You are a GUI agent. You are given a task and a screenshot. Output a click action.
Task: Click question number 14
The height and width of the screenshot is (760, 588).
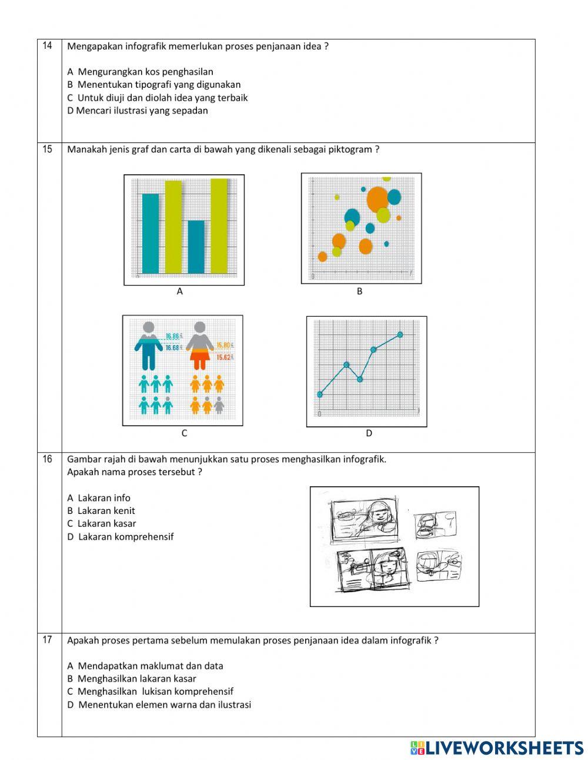point(48,46)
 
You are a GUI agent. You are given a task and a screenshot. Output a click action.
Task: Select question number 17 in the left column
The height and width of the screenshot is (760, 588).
point(48,640)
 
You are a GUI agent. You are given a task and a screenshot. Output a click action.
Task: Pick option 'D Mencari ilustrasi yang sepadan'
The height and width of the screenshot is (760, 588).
point(138,111)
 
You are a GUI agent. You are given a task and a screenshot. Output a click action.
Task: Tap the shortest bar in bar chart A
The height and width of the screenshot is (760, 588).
point(196,247)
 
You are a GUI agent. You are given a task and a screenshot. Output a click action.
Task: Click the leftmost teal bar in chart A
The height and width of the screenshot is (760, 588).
point(151,233)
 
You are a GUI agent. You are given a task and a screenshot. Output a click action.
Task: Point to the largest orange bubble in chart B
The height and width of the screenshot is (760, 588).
point(377,199)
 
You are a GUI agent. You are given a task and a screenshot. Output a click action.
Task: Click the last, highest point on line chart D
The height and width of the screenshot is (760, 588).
point(400,334)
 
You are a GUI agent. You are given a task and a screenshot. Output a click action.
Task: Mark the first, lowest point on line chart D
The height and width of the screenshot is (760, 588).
point(320,394)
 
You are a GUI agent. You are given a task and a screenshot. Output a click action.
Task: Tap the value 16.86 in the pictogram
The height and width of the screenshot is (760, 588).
point(172,337)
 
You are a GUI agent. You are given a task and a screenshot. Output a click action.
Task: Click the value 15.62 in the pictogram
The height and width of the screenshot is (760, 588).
point(224,357)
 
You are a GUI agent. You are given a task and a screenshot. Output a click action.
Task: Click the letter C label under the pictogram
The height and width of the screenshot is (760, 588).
point(184,433)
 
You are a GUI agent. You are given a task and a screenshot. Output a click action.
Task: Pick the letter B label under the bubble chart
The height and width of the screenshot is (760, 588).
point(360,291)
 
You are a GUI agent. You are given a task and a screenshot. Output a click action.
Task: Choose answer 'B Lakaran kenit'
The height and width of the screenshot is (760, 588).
point(101,511)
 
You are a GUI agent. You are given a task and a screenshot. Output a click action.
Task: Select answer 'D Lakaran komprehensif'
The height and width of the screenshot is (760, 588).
point(121,537)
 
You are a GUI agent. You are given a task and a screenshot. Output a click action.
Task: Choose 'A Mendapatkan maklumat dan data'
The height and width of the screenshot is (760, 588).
point(145,666)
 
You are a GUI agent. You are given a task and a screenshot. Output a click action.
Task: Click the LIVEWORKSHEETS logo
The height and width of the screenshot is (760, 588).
point(497,748)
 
